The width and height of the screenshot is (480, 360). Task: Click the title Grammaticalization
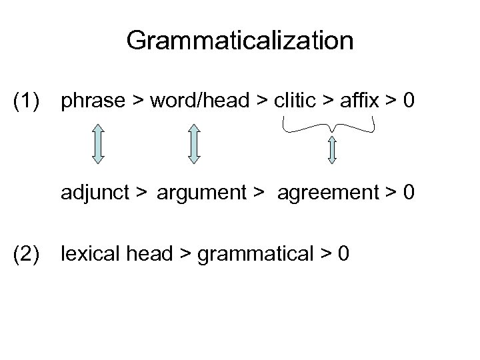pyautogui.click(x=239, y=41)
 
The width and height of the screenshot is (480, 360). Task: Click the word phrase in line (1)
pyautogui.click(x=93, y=101)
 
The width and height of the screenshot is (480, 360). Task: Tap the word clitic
pyautogui.click(x=295, y=101)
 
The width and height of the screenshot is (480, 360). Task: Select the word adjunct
pyautogui.click(x=95, y=194)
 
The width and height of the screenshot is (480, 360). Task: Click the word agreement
pyautogui.click(x=324, y=194)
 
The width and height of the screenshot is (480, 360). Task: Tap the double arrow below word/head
pyautogui.click(x=194, y=143)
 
